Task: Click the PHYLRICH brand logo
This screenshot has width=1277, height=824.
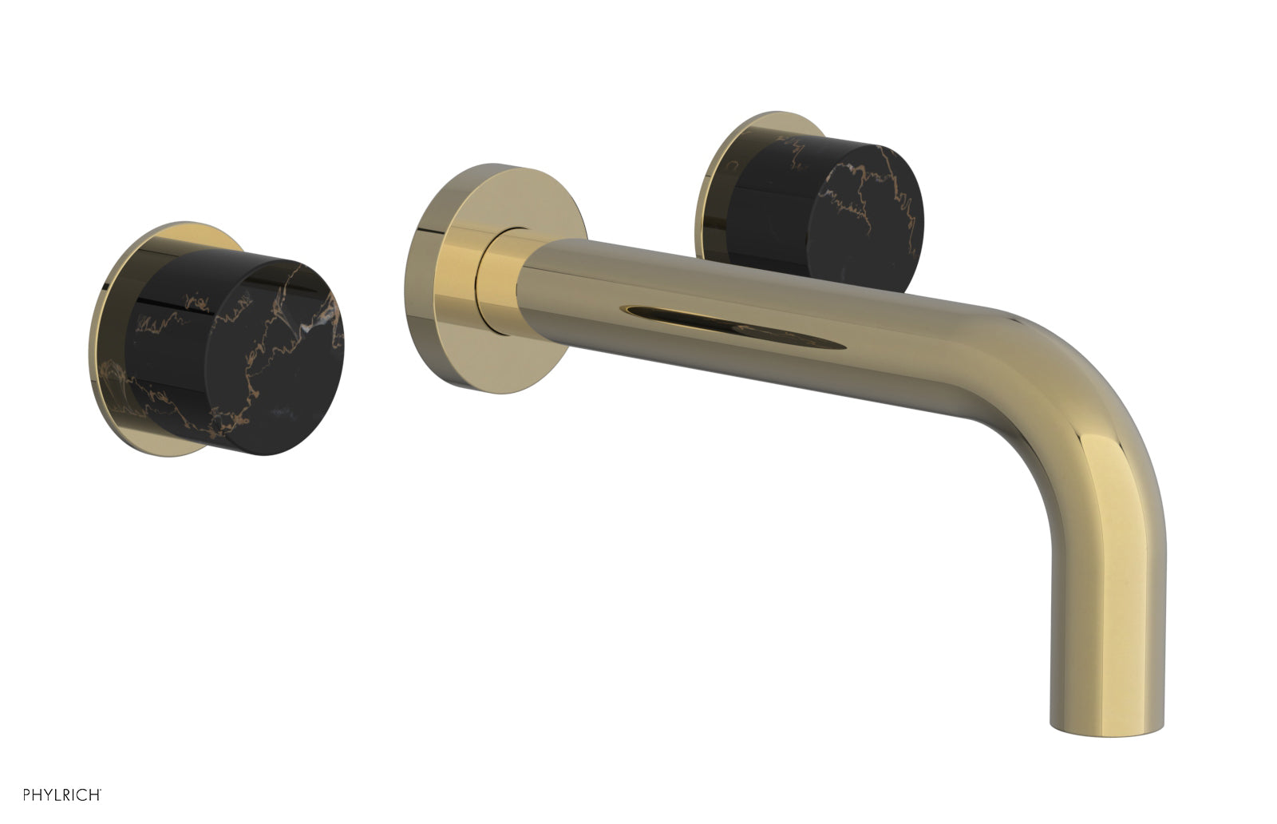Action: click(x=61, y=794)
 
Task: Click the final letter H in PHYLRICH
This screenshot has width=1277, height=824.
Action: click(x=94, y=794)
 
